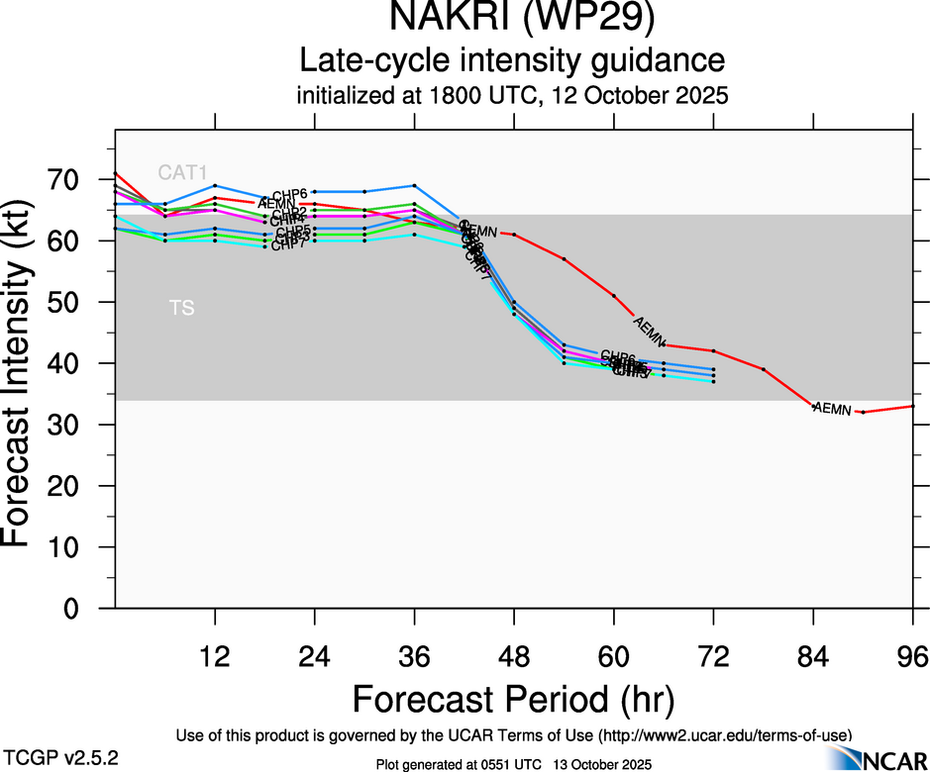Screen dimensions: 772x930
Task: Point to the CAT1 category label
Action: pos(183,173)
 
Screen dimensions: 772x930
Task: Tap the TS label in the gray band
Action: pos(181,309)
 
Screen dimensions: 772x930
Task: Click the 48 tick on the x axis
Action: pos(514,656)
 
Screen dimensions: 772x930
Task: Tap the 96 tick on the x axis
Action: pos(912,656)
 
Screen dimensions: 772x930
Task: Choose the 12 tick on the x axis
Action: pos(215,656)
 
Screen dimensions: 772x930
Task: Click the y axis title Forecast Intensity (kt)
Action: pos(27,368)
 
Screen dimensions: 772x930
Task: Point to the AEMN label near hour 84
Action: pos(832,409)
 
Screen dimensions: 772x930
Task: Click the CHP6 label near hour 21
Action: pos(290,194)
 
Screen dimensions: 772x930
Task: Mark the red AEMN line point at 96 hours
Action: pos(912,406)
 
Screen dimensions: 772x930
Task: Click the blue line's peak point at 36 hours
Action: pos(414,185)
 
